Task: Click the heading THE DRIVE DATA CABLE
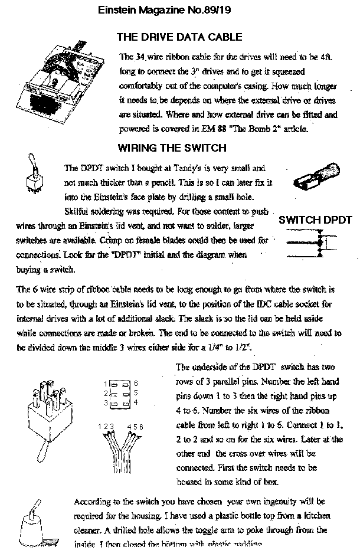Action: click(179, 37)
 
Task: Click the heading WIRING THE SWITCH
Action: click(172, 148)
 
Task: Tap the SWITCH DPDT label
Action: click(315, 220)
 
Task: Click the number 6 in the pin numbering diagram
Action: click(136, 384)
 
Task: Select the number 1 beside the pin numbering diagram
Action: click(104, 384)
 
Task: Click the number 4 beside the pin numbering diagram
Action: click(136, 402)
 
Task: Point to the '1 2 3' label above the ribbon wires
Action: click(106, 426)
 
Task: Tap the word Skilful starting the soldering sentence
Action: click(77, 211)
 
